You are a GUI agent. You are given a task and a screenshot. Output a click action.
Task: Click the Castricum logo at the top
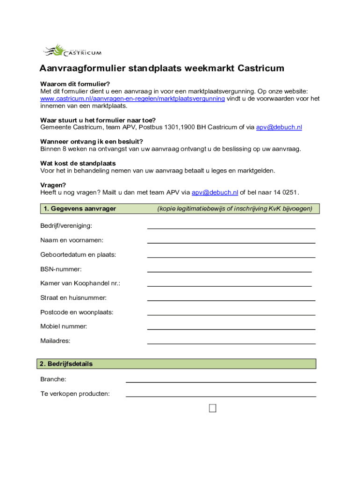72,50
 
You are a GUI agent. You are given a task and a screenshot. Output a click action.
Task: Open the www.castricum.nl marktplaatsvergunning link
132,99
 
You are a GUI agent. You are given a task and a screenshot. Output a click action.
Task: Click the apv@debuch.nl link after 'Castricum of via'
279,127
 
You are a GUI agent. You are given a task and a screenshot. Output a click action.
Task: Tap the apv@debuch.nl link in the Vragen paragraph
215,192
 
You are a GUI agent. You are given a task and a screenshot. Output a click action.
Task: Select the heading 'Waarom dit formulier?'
75,84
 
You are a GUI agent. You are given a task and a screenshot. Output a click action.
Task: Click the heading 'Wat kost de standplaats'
78,164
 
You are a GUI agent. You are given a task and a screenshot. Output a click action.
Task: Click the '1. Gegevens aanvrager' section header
79,209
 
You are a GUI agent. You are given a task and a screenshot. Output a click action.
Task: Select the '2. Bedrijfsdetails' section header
66,363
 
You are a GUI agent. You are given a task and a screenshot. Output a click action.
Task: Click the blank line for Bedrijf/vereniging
231,227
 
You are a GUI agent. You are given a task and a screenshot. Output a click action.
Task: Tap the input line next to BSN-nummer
229,270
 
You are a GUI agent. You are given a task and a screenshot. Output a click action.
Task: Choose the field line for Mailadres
231,342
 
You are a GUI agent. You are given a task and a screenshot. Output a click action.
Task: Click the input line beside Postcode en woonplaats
231,313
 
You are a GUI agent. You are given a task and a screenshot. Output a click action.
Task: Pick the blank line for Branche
221,381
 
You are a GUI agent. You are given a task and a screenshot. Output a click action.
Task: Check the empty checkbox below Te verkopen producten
213,408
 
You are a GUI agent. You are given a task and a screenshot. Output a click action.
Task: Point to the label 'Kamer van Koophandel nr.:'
80,283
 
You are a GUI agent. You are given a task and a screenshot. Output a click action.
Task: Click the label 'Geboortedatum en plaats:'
78,255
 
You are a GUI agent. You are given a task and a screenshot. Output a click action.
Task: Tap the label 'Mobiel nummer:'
64,327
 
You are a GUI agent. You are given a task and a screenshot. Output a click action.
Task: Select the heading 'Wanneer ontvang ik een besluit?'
92,142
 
